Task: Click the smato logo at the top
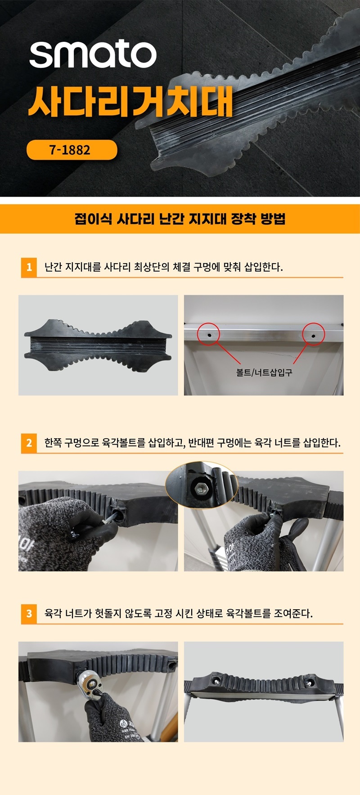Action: point(93,55)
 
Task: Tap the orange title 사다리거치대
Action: point(130,101)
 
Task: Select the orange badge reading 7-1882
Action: point(72,150)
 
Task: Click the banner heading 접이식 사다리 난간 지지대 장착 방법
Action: point(180,219)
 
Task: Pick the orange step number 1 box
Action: point(29,267)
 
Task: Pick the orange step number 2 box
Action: point(29,443)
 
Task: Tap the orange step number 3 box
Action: point(29,614)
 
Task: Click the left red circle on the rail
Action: point(208,334)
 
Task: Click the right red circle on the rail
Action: point(313,334)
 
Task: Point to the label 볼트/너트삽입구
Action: point(264,372)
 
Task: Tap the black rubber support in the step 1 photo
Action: point(98,345)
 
